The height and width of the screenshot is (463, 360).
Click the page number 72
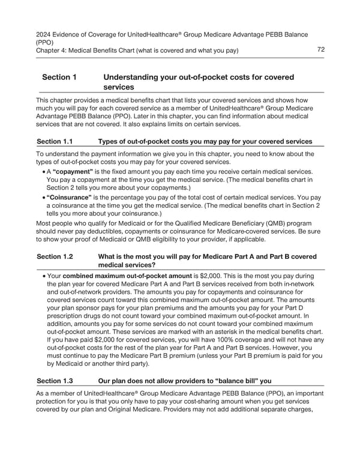(320, 50)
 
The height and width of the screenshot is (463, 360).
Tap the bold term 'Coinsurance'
(71, 196)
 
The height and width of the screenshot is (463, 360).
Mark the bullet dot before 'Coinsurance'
(43, 196)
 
